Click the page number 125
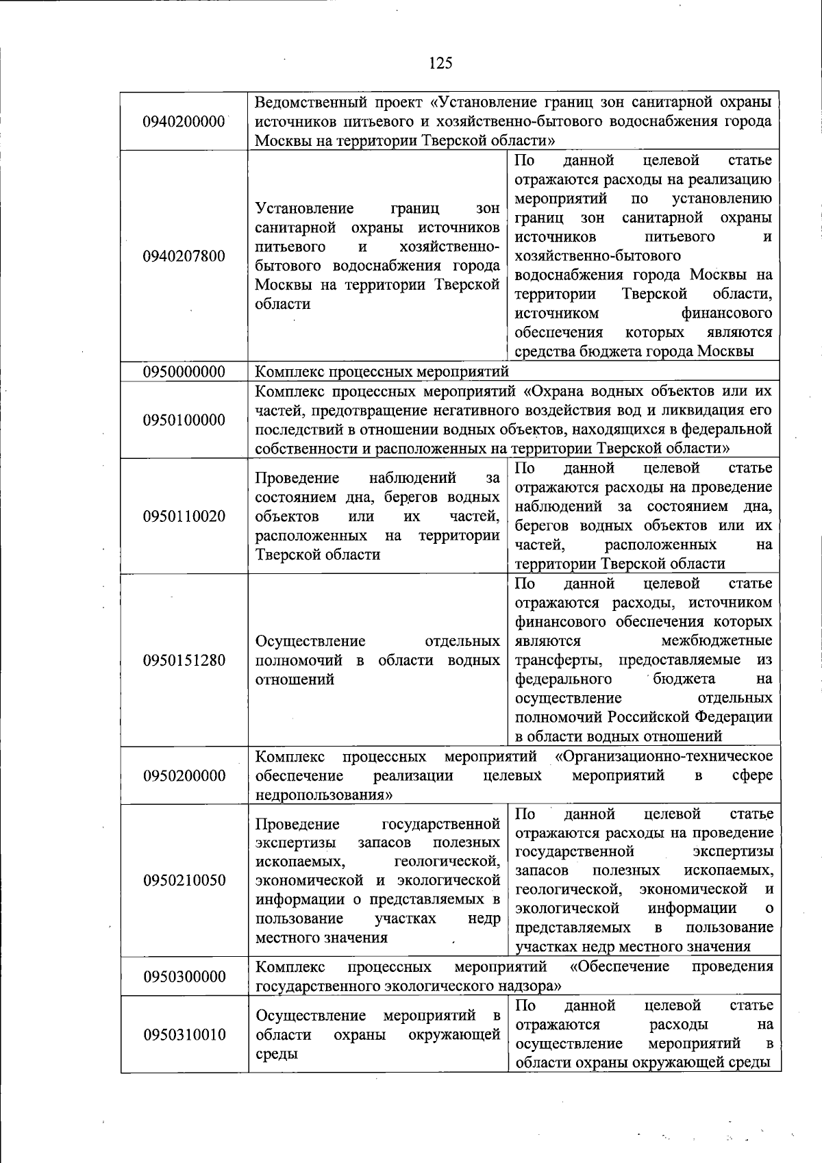[x=440, y=64]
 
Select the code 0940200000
[x=184, y=121]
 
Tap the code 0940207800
[x=184, y=256]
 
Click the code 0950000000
[x=184, y=371]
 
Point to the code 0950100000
[x=184, y=420]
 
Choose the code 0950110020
[x=184, y=516]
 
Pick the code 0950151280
[x=184, y=660]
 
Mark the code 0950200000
[x=184, y=775]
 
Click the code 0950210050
[x=184, y=880]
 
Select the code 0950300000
[x=184, y=976]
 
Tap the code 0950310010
[x=184, y=1034]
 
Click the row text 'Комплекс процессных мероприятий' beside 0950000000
[x=382, y=371]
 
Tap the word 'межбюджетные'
[x=717, y=641]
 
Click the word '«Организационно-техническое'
[x=663, y=756]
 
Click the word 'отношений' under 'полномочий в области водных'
[x=295, y=679]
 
